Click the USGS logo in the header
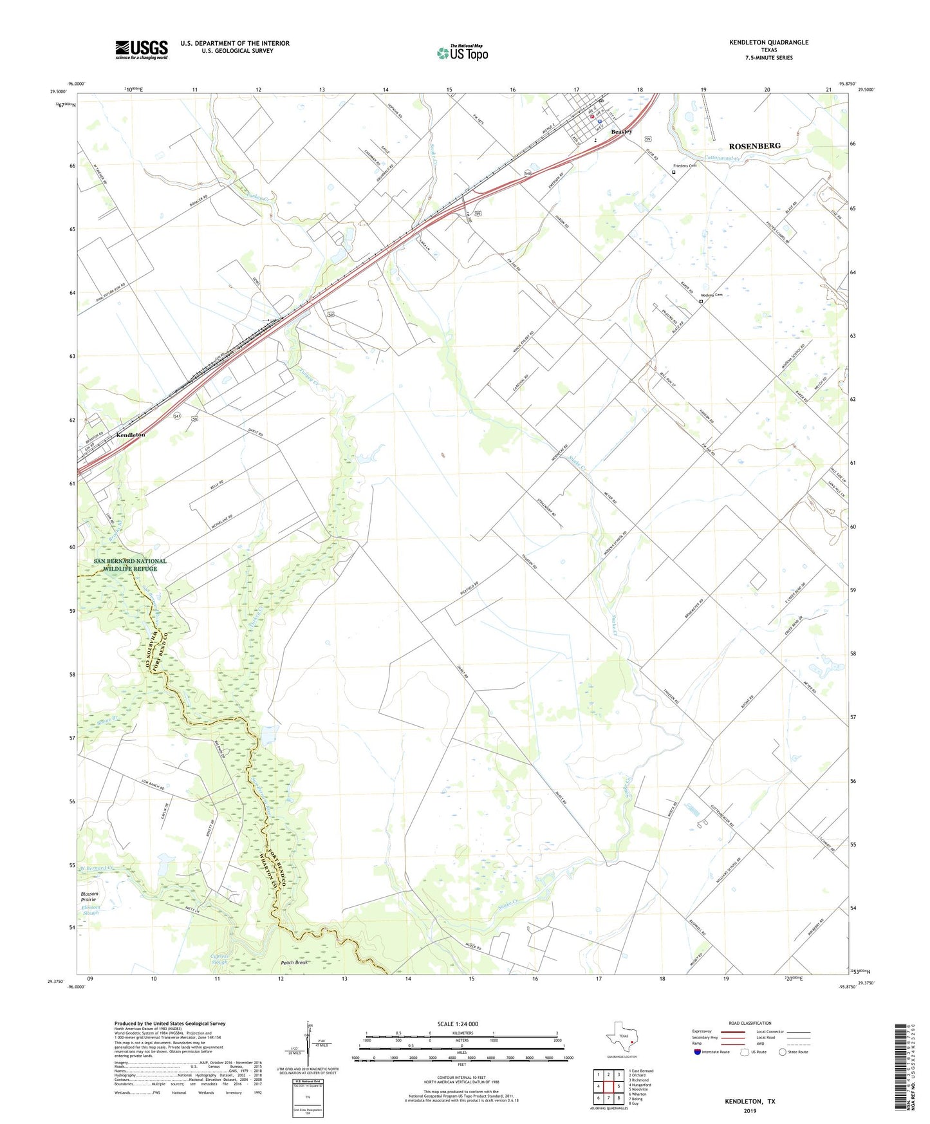[142, 50]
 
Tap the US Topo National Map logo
[461, 52]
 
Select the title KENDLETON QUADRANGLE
[768, 42]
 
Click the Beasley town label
[621, 131]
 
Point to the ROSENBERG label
[754, 146]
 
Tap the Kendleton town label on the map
[131, 435]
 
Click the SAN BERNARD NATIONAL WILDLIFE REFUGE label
[130, 565]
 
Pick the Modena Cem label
[712, 295]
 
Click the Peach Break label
[295, 962]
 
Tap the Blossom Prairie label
[89, 897]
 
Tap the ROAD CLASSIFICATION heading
[750, 1023]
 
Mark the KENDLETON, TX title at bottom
[750, 1101]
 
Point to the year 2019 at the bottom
[750, 1111]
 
